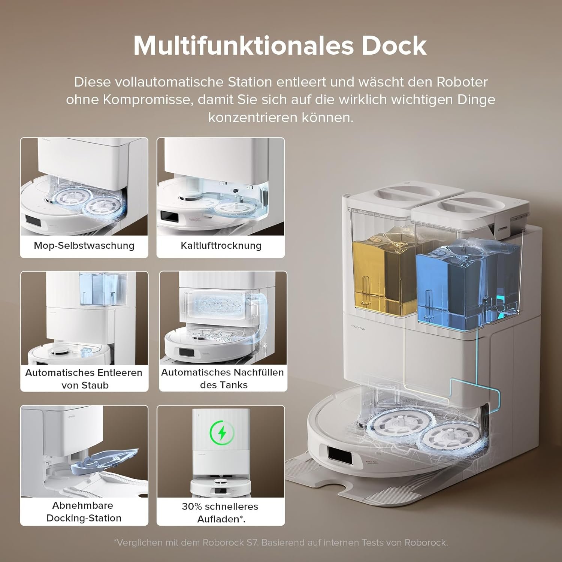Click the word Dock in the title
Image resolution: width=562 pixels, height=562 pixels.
[394, 46]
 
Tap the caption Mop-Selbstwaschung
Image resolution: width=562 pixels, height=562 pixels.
[84, 245]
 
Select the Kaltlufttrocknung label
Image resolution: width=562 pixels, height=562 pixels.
[221, 245]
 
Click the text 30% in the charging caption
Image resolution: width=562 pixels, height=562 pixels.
[191, 507]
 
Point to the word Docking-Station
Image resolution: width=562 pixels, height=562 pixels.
[84, 518]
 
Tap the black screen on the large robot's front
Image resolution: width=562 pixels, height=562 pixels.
[340, 456]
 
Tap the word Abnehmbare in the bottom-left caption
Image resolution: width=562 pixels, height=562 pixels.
[82, 505]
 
